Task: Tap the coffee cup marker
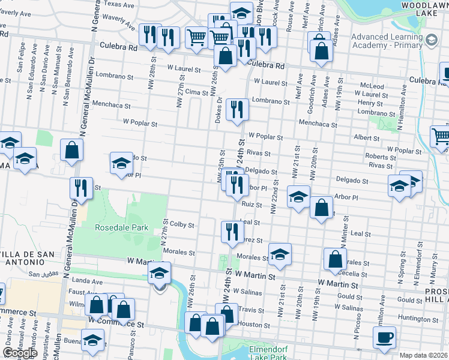pos(384,337)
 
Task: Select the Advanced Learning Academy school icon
pos(430,40)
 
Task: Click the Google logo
pos(20,353)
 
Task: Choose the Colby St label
pos(182,225)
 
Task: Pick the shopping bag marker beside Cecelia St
pos(335,259)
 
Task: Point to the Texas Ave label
pos(119,4)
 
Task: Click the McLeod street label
pos(372,86)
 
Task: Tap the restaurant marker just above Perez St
pos(232,232)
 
